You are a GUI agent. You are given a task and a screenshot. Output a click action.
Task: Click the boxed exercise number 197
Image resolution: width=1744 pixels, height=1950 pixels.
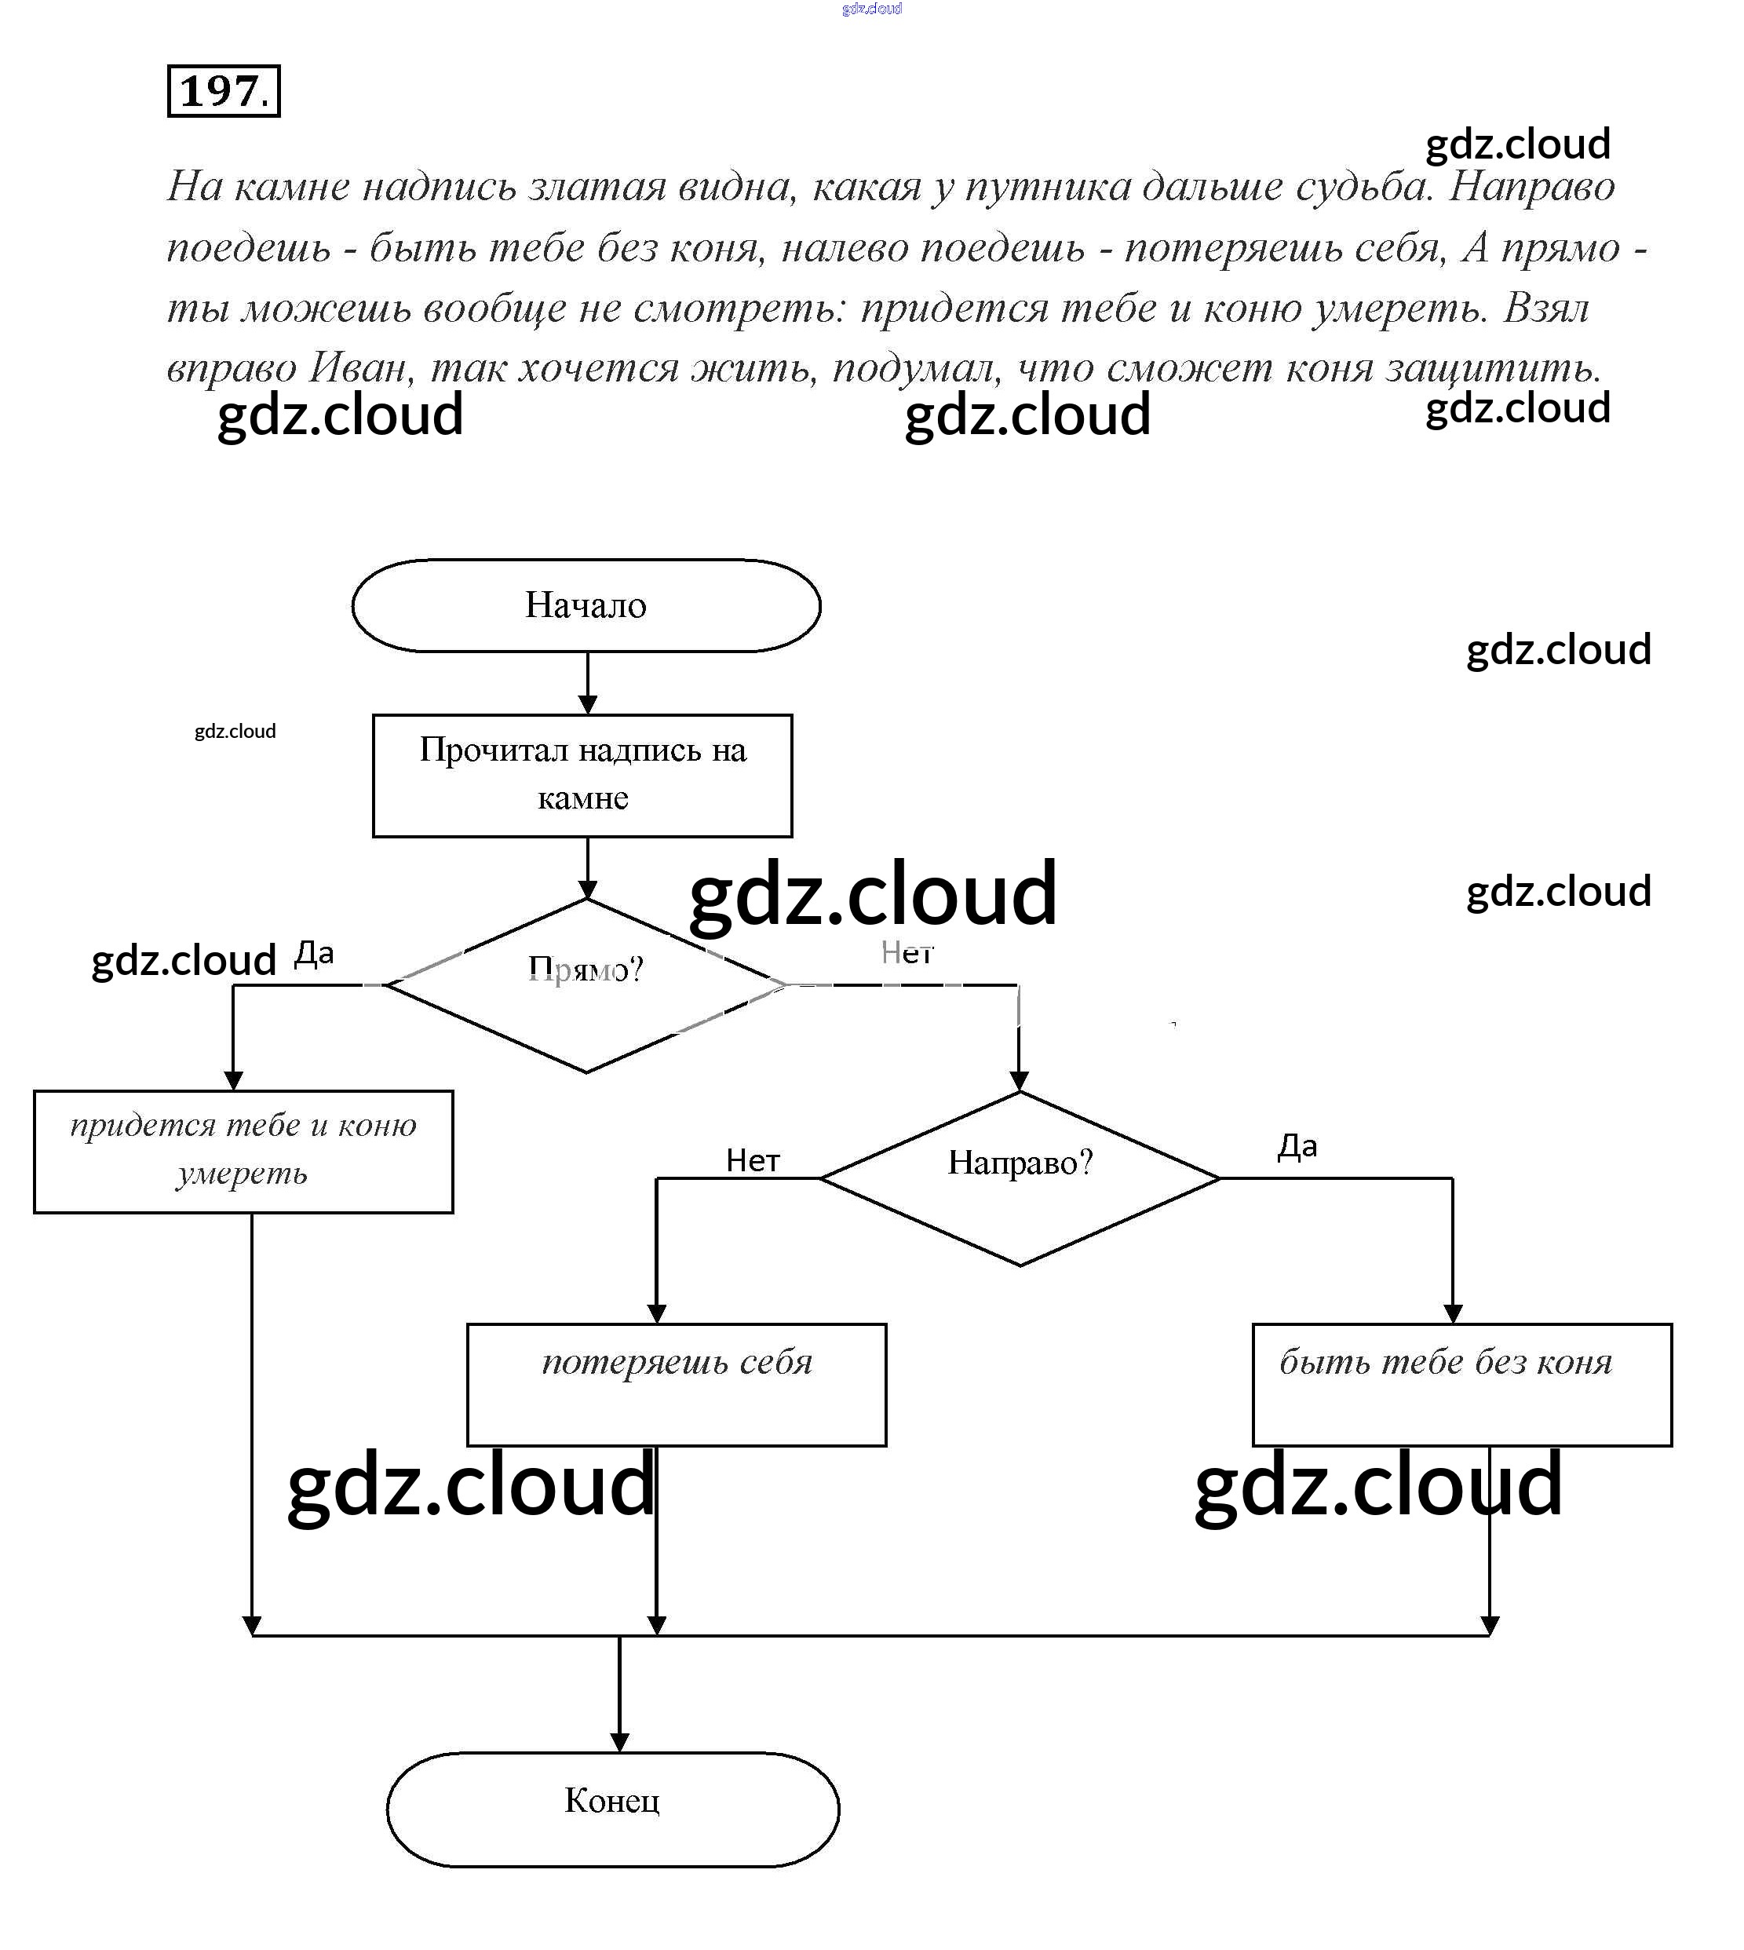coord(223,91)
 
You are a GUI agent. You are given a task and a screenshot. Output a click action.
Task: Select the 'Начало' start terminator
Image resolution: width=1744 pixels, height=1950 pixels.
coord(586,605)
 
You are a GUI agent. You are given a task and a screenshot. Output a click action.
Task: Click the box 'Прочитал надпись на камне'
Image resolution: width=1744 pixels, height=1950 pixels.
coord(582,774)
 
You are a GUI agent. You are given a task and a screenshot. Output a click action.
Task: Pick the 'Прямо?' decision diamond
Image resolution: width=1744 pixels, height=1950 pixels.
coord(586,984)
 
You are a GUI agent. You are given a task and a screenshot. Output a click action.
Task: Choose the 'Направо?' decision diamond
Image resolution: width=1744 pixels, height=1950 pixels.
coord(1020,1178)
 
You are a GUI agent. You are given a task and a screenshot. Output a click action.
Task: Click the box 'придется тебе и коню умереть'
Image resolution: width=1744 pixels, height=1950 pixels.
coord(243,1151)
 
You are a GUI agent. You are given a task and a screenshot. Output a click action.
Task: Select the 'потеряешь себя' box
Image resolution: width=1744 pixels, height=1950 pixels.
coord(677,1384)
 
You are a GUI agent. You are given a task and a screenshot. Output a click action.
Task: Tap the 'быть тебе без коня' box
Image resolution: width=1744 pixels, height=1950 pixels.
coord(1461,1384)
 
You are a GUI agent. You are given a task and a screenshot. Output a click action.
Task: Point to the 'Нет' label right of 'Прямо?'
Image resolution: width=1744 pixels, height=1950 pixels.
coord(907,952)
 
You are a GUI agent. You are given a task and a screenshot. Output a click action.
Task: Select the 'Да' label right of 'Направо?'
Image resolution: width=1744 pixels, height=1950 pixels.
coord(1297,1146)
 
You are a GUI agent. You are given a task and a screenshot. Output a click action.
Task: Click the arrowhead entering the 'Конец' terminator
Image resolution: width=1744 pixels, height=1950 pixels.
coord(619,1741)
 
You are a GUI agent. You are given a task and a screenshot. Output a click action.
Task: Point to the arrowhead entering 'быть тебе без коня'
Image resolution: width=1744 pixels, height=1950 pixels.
coord(1453,1313)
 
